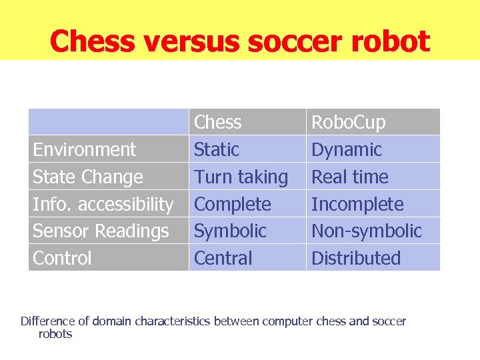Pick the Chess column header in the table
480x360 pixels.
pyautogui.click(x=217, y=123)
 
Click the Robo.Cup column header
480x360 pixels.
pyautogui.click(x=348, y=123)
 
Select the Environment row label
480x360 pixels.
pyautogui.click(x=84, y=150)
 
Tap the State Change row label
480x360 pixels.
pyautogui.click(x=87, y=177)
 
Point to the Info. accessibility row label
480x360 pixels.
pyautogui.click(x=103, y=204)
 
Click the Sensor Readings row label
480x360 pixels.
pyautogui.click(x=101, y=231)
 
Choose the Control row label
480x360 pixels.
pyautogui.click(x=62, y=259)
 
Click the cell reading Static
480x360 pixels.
pyautogui.click(x=216, y=150)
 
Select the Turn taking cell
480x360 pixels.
pyautogui.click(x=241, y=177)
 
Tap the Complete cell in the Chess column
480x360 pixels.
pyautogui.click(x=232, y=204)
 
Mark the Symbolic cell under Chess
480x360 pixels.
pyautogui.click(x=230, y=231)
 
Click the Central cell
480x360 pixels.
pyautogui.click(x=223, y=259)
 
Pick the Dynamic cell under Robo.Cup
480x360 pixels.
pyautogui.click(x=347, y=150)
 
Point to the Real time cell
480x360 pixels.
pyautogui.click(x=350, y=177)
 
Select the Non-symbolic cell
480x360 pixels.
pyautogui.click(x=367, y=231)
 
